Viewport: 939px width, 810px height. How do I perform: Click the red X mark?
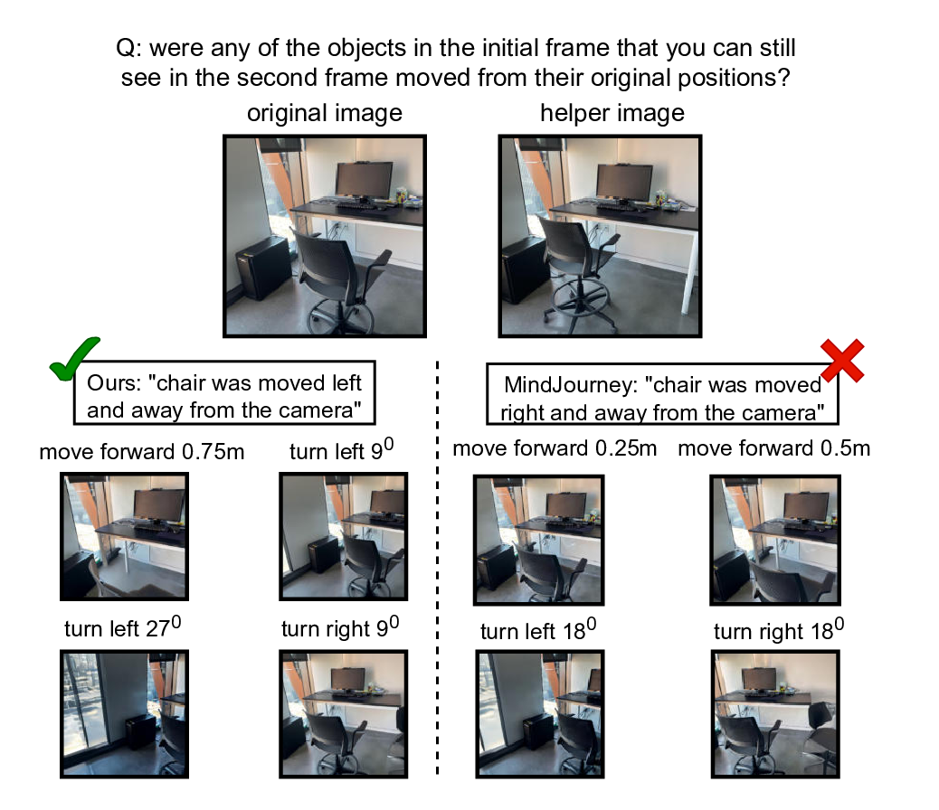click(x=842, y=360)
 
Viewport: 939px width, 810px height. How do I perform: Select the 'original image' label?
click(x=325, y=114)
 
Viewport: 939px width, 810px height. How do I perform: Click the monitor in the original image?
click(x=364, y=181)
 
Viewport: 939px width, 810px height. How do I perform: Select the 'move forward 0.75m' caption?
click(x=142, y=451)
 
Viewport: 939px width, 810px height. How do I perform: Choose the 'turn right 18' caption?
click(x=773, y=630)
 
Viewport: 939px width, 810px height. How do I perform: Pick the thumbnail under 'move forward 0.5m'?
click(x=775, y=539)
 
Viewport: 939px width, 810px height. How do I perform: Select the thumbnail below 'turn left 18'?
click(x=539, y=713)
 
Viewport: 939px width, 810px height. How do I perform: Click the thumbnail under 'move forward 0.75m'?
click(x=124, y=537)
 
